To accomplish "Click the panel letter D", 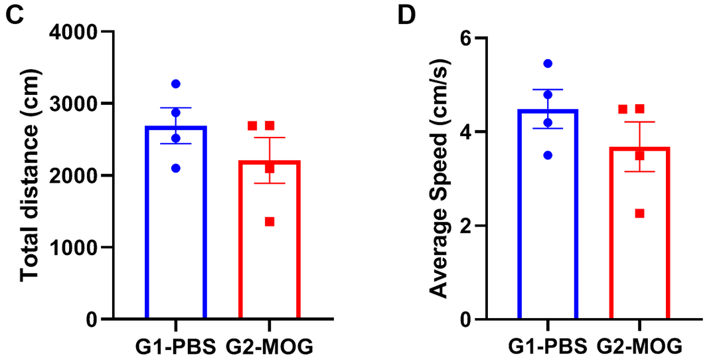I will pyautogui.click(x=406, y=14).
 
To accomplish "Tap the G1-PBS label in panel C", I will pyautogui.click(x=175, y=345).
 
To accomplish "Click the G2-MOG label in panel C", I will pyautogui.click(x=270, y=345).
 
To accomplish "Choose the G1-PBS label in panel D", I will pyautogui.click(x=548, y=345).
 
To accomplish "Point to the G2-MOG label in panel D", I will pyautogui.click(x=639, y=345).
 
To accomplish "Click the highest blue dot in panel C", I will pyautogui.click(x=176, y=84).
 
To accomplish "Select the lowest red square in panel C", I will pyautogui.click(x=270, y=222).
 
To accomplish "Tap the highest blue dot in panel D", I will pyautogui.click(x=548, y=64).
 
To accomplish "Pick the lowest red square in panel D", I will pyautogui.click(x=639, y=213).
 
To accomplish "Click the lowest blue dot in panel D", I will pyautogui.click(x=548, y=155).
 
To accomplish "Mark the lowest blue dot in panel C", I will pyautogui.click(x=176, y=168).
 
